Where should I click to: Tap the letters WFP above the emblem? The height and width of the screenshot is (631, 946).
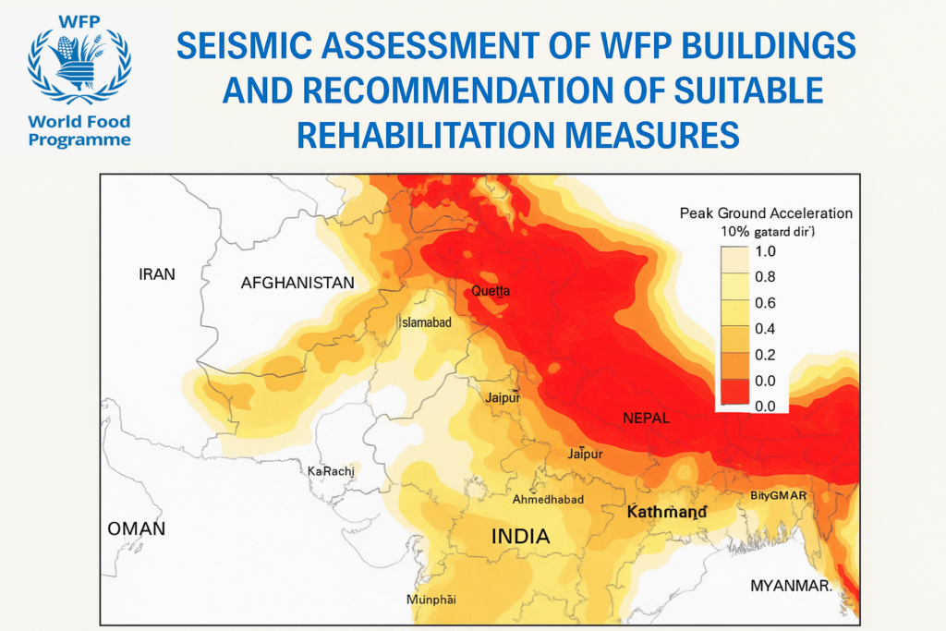(x=79, y=19)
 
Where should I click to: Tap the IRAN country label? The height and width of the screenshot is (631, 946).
(x=156, y=274)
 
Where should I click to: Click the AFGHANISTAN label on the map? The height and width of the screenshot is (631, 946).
(x=297, y=283)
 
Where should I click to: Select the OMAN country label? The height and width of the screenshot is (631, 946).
(x=137, y=528)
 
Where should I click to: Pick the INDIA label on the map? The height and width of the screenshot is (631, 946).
(x=520, y=536)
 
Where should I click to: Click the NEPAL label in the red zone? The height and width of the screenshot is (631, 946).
(x=645, y=419)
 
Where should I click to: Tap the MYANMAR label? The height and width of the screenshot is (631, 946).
(x=791, y=586)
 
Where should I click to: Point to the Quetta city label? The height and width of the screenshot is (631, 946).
(x=491, y=291)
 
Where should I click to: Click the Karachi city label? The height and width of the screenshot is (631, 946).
(x=331, y=471)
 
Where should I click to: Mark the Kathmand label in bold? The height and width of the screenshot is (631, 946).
(x=667, y=512)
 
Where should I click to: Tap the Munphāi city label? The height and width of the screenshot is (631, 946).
(x=431, y=600)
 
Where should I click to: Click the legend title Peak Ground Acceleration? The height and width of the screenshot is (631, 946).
(x=766, y=213)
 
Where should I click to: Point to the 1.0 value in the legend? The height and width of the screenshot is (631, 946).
(x=766, y=251)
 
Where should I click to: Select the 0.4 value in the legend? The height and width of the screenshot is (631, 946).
(x=766, y=329)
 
